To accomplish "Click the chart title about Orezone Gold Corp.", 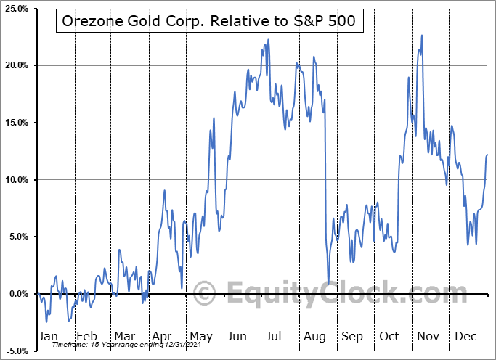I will [206, 22].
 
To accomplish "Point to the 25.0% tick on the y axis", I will [16, 9].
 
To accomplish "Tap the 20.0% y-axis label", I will [16, 66].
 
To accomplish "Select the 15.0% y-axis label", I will [16, 123].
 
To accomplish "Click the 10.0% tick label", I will [16, 180].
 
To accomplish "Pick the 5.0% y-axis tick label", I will [18, 237].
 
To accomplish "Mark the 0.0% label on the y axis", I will [18, 294].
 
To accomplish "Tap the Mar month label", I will [124, 336].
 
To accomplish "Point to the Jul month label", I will [275, 336].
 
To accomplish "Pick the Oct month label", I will [390, 336].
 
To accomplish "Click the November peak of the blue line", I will [421, 35].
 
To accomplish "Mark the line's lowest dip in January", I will [46, 322].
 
